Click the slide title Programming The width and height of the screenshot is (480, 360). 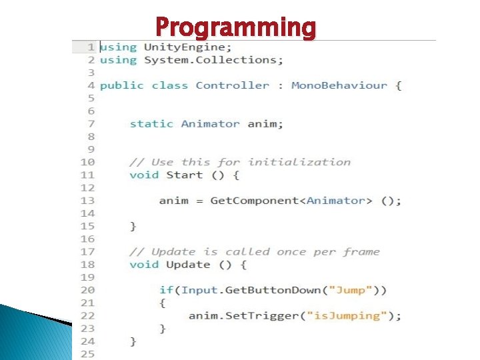pyautogui.click(x=235, y=27)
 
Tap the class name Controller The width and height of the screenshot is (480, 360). pyautogui.click(x=233, y=85)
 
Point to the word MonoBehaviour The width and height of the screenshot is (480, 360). pyautogui.click(x=339, y=85)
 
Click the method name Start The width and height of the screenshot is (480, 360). pyautogui.click(x=184, y=175)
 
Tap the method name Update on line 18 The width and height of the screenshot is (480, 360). pyautogui.click(x=187, y=265)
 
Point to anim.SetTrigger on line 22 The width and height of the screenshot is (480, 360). pyautogui.click(x=226, y=316)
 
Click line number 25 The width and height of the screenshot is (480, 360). pyautogui.click(x=88, y=354)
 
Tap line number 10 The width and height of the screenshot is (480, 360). pyautogui.click(x=88, y=162)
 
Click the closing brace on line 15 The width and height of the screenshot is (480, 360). pyautogui.click(x=133, y=227)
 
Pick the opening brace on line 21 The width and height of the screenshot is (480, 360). pyautogui.click(x=163, y=303)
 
